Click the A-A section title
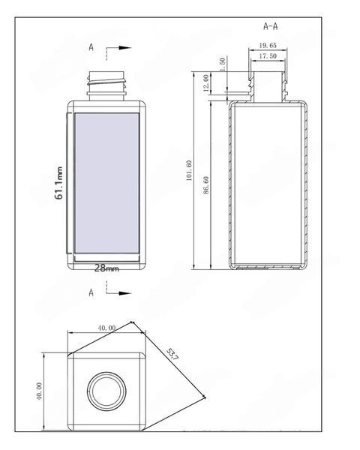click(x=271, y=26)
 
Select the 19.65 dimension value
click(x=268, y=45)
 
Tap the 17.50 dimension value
click(x=268, y=56)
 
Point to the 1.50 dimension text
click(x=222, y=64)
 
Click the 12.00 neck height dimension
click(x=205, y=83)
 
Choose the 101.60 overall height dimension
click(x=188, y=170)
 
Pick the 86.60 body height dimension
click(x=205, y=185)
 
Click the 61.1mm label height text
click(x=58, y=183)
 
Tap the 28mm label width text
click(x=106, y=268)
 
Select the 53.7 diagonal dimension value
click(x=172, y=354)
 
